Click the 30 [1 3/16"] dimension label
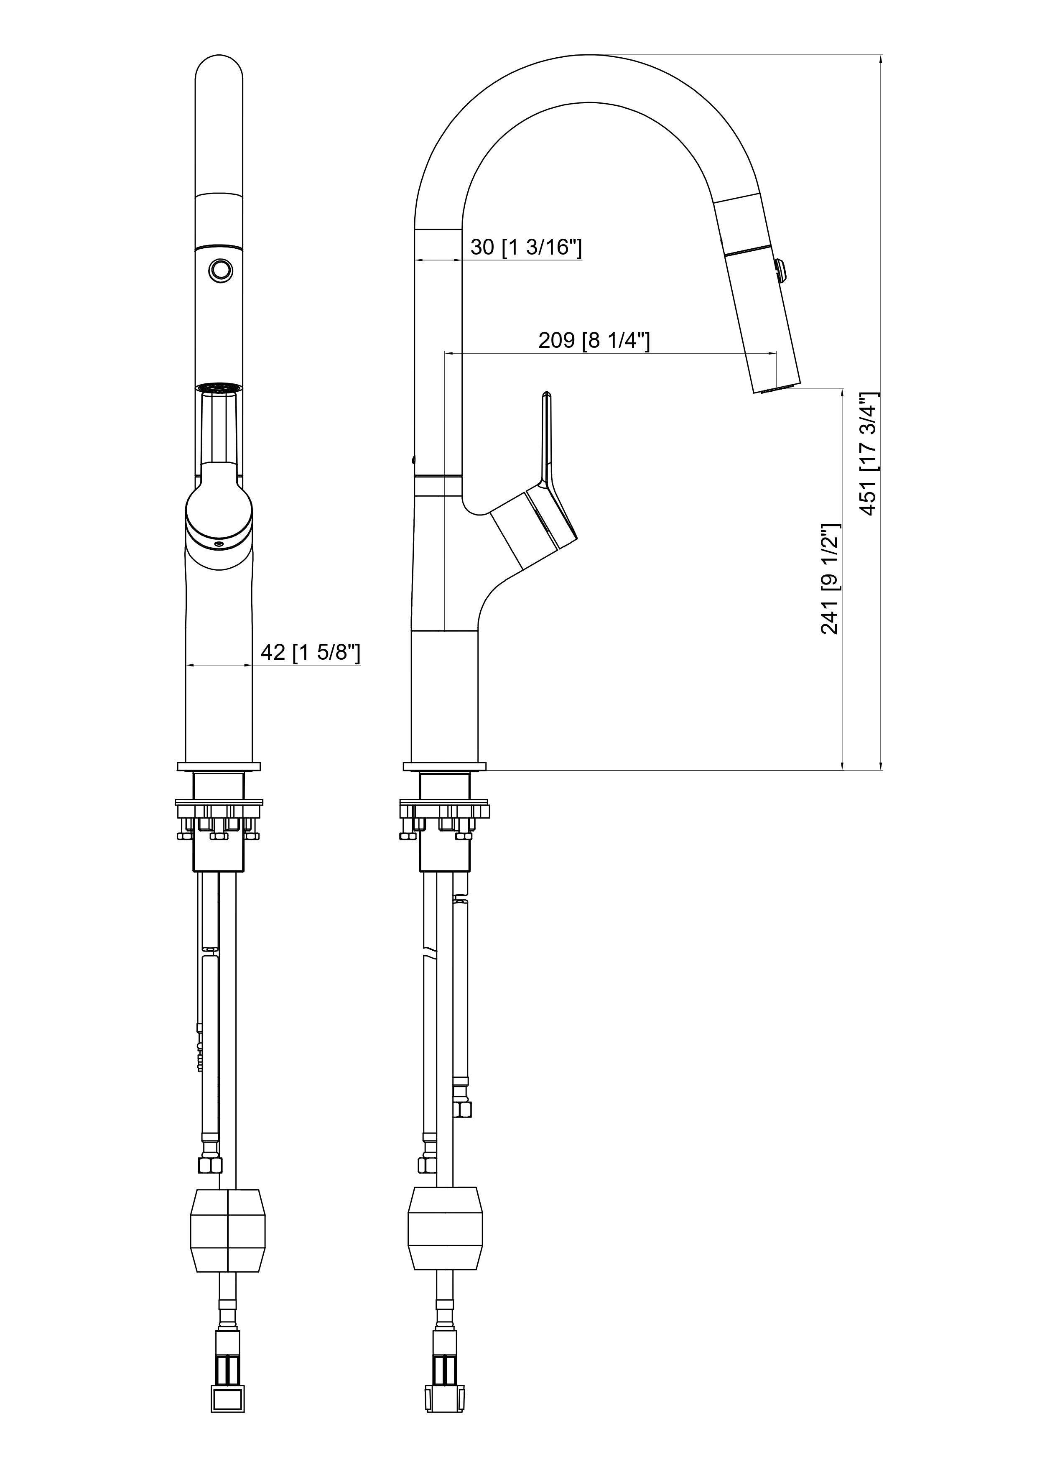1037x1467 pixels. coord(525,247)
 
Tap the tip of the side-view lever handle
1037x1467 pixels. coord(546,395)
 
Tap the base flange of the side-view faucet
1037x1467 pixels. coord(445,766)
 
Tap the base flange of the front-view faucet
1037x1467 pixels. coord(219,766)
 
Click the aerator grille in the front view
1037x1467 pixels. coord(219,387)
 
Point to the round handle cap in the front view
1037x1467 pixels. coord(219,514)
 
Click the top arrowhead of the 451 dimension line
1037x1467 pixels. coord(881,59)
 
